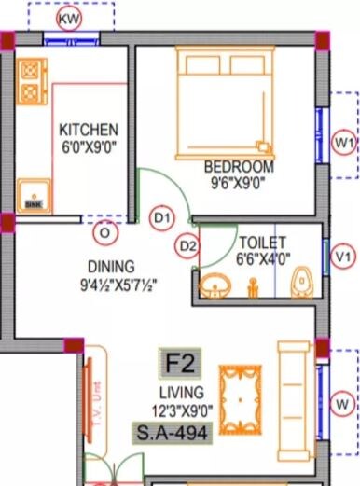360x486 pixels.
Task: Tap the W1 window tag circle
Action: (x=345, y=143)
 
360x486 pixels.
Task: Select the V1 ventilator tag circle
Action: (x=345, y=255)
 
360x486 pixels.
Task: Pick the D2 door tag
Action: (x=188, y=246)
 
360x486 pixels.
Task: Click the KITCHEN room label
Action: (x=89, y=129)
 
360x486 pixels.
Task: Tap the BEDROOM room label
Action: (x=239, y=167)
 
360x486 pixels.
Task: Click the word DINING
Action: (x=111, y=265)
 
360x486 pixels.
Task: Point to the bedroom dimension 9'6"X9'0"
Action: (x=239, y=183)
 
